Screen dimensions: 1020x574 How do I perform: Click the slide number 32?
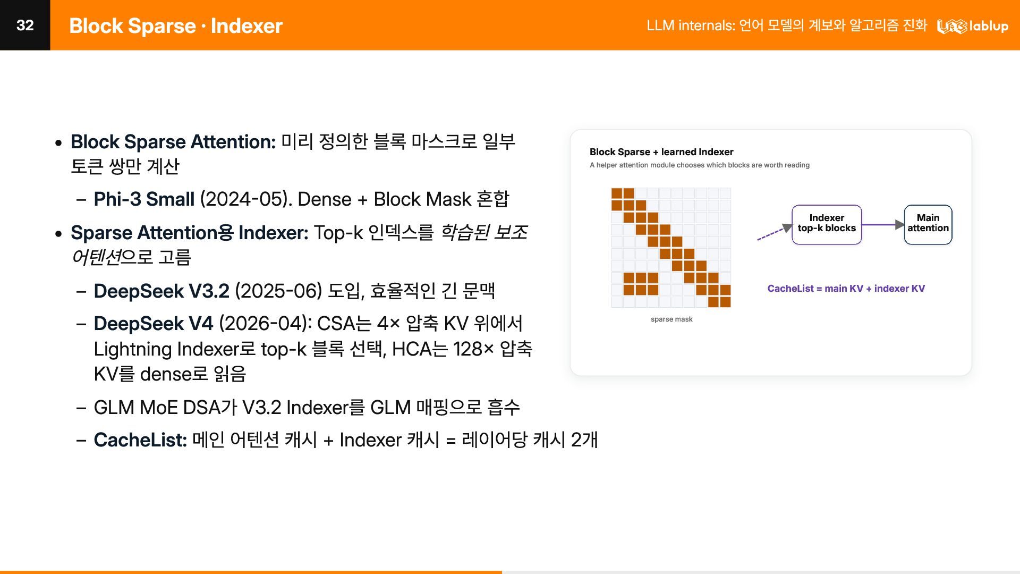(25, 25)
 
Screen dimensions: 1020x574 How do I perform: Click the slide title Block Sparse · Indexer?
(176, 26)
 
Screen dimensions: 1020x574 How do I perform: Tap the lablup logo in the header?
(972, 26)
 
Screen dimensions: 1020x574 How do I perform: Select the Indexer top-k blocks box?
(827, 225)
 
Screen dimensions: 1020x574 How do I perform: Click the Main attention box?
(928, 225)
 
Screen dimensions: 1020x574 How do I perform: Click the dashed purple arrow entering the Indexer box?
(775, 232)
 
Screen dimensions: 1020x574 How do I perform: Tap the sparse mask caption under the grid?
(671, 319)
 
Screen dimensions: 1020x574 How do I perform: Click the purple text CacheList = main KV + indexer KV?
(846, 289)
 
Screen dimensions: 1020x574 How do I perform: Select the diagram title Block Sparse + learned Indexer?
(661, 152)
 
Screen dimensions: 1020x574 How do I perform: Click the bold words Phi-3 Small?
(144, 199)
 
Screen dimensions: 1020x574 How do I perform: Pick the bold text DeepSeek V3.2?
(161, 291)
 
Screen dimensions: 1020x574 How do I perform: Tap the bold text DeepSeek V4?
(154, 324)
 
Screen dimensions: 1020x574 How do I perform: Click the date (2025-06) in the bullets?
(278, 291)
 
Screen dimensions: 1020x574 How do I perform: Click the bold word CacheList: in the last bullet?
(140, 440)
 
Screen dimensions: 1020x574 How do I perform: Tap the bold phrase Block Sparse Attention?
(173, 142)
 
